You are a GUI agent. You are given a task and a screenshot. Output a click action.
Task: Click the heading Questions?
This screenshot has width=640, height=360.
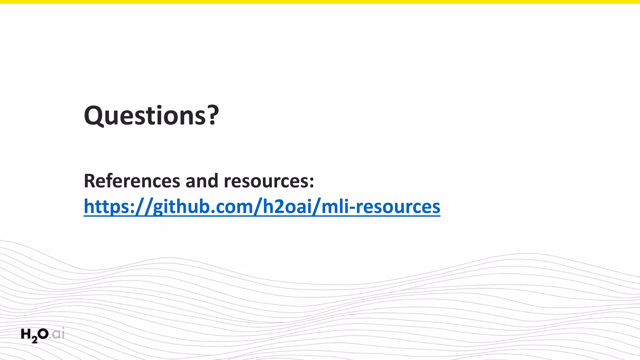pos(152,116)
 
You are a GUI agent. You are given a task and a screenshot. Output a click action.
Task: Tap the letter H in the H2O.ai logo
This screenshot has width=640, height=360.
pos(26,334)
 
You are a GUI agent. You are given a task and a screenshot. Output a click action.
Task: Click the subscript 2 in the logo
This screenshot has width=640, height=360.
pos(34,339)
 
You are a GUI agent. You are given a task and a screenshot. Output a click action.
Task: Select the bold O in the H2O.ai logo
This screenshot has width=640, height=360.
pos(43,334)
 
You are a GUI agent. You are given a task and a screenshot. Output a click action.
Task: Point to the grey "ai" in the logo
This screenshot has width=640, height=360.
pos(58,334)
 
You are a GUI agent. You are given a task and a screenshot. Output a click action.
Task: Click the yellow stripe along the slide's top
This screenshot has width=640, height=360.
pos(320,2)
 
